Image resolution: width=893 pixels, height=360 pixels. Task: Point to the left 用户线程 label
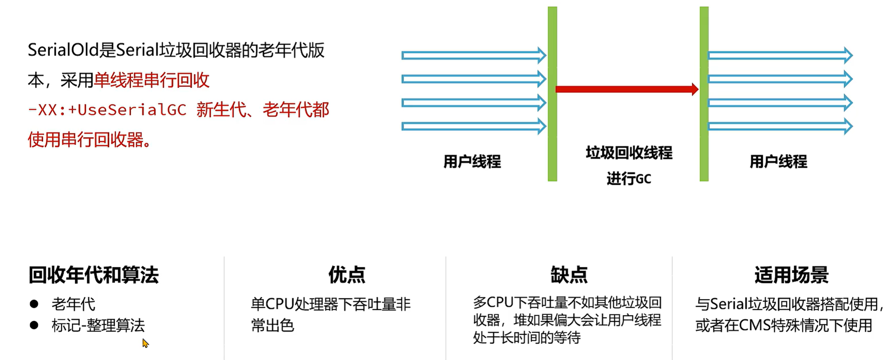[472, 162]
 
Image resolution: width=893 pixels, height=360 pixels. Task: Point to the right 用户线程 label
[778, 162]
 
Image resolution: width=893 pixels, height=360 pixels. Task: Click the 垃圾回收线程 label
[629, 153]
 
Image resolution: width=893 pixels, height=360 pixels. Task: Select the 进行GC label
[629, 179]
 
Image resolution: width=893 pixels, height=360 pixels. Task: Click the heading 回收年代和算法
[93, 275]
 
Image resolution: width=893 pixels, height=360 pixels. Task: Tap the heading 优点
[346, 275]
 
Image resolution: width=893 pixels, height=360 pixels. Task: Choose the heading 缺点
[569, 275]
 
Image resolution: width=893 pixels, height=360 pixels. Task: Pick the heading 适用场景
[791, 275]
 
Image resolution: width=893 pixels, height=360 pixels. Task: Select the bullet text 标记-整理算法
[98, 326]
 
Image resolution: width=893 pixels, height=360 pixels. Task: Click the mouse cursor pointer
[145, 343]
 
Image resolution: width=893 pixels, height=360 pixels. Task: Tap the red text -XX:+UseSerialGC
[107, 110]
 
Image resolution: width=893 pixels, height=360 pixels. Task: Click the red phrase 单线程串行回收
[151, 80]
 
